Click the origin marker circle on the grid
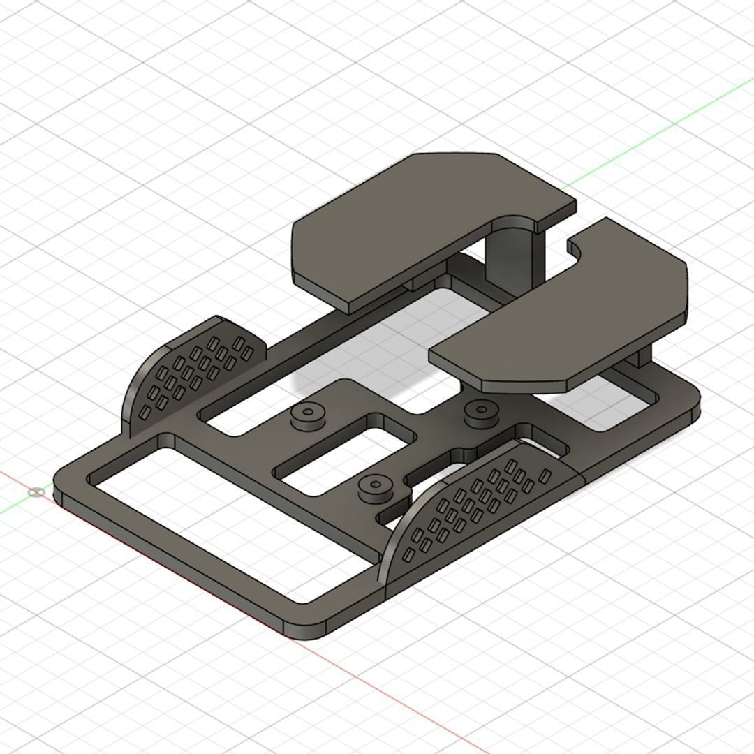click(x=36, y=492)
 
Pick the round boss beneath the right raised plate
click(x=481, y=411)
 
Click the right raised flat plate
click(x=572, y=314)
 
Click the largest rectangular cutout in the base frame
click(x=230, y=524)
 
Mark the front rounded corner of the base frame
click(x=307, y=628)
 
